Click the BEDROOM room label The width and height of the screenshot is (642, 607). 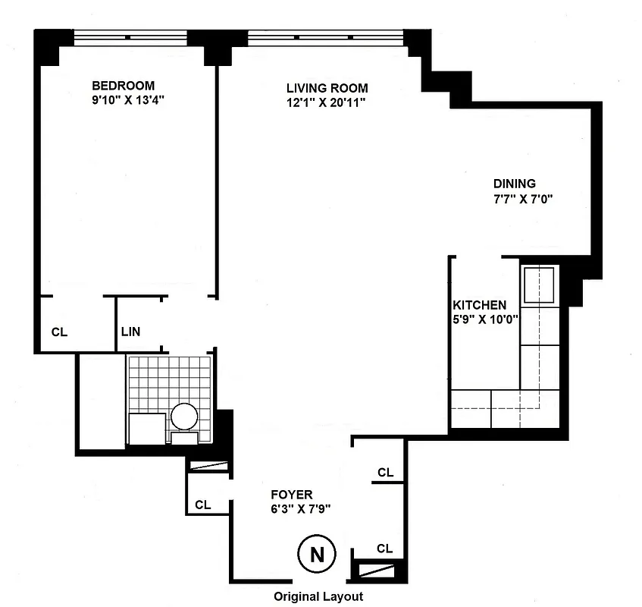[x=124, y=85]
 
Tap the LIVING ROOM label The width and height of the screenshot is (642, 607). [x=326, y=87]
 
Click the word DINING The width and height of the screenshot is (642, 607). [x=515, y=183]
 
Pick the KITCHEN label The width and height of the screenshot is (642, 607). [x=480, y=305]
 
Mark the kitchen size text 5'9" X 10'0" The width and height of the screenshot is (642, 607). [x=484, y=319]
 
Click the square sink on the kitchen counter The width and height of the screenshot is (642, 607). [x=539, y=282]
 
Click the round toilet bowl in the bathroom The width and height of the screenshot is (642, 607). [x=184, y=417]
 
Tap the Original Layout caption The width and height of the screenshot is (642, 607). [x=318, y=596]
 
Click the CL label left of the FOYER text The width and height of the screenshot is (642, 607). [x=202, y=505]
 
